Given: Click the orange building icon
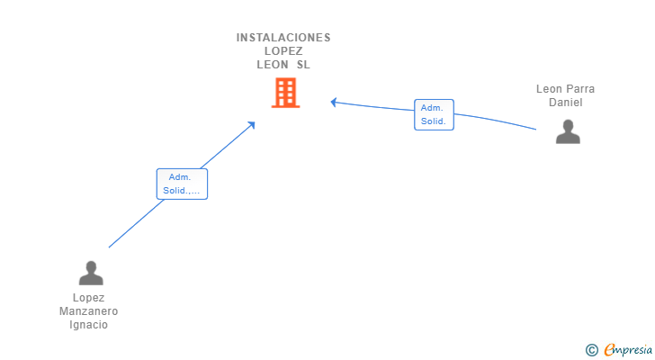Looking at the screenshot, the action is [286, 93].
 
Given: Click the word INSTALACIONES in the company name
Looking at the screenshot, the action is [283, 38].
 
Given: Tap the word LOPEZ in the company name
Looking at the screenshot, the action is [283, 51].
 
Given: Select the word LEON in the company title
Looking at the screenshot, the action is [273, 65].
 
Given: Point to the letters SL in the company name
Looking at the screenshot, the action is [303, 65].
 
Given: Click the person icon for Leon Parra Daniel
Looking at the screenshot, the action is [568, 131].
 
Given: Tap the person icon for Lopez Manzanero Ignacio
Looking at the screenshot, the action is [91, 273].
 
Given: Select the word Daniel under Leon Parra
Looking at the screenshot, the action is [566, 103].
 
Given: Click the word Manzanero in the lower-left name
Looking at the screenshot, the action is [88, 311].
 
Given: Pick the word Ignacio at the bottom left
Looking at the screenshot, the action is [88, 325].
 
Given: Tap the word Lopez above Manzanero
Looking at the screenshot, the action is [88, 298].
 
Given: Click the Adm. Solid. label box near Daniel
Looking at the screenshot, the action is [434, 115].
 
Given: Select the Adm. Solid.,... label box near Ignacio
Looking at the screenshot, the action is [182, 184].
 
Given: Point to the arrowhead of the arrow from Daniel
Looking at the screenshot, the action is [333, 102].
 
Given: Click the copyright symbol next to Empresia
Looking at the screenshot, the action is [591, 350].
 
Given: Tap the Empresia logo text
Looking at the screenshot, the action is [628, 350].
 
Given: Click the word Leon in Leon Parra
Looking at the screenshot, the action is [548, 89].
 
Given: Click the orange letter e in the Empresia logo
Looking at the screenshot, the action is [609, 350].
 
